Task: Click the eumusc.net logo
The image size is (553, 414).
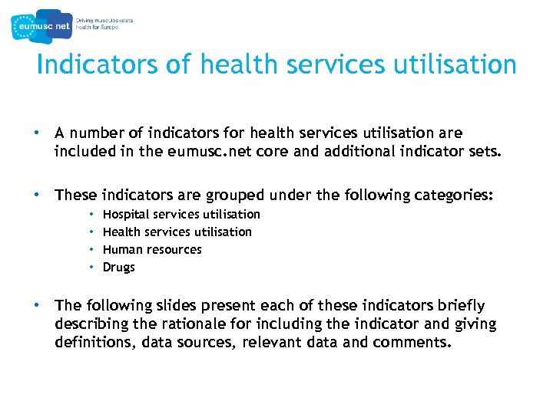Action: (42, 26)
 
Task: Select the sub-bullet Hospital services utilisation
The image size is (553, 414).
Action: (181, 214)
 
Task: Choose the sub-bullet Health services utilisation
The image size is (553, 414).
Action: (177, 232)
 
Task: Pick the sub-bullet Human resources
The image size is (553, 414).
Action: (152, 249)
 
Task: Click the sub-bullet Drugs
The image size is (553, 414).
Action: (118, 267)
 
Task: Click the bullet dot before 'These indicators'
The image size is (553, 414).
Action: (36, 195)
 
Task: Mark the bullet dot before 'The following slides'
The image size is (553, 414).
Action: (36, 305)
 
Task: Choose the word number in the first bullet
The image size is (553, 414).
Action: (98, 133)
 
